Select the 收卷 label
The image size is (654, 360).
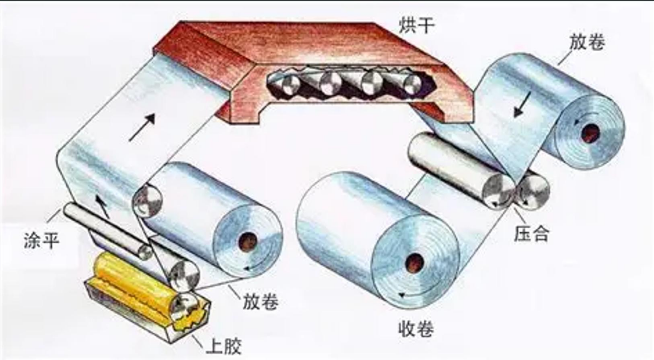click(416, 328)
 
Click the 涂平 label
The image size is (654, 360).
click(41, 240)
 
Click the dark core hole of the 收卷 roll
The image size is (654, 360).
click(413, 263)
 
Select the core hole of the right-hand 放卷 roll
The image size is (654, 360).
click(590, 133)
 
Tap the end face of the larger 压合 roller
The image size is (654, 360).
click(498, 190)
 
